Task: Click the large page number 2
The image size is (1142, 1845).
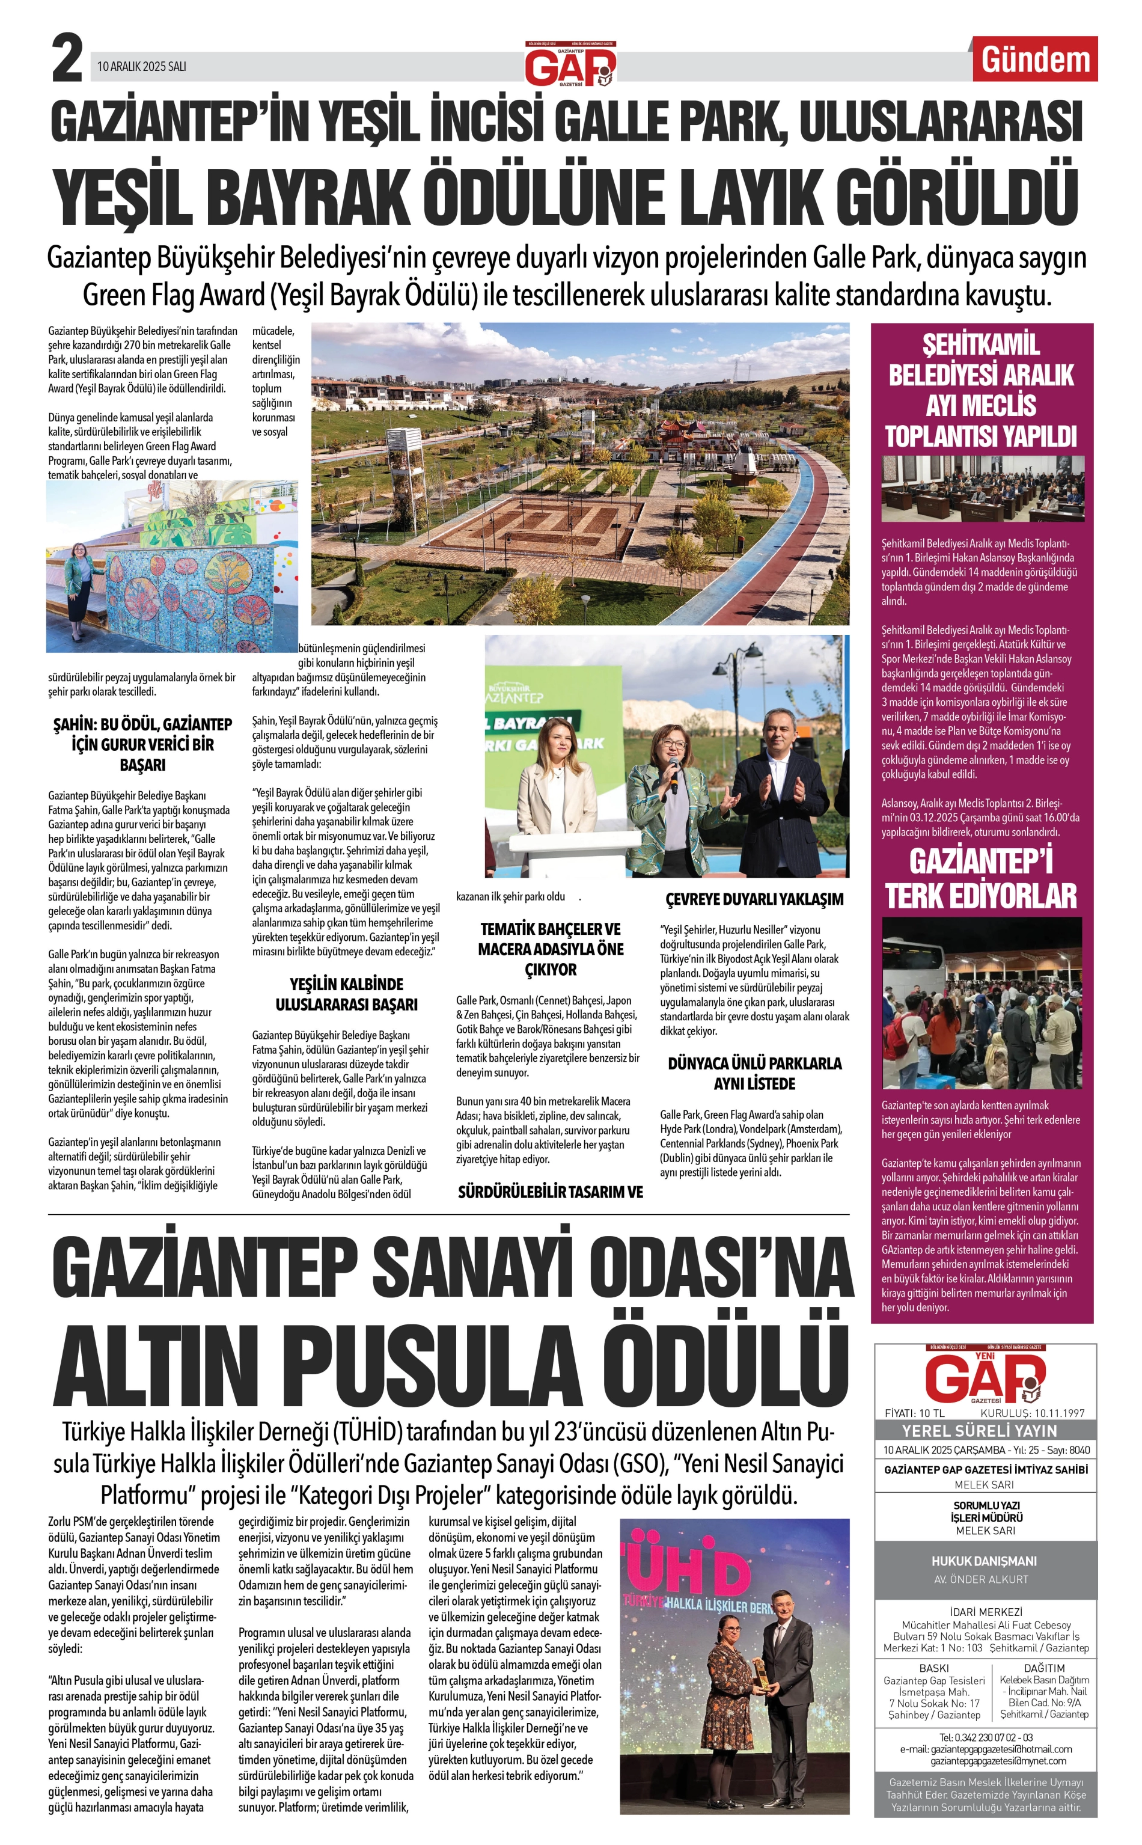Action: click(67, 60)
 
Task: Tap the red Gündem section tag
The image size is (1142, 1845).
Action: click(1035, 60)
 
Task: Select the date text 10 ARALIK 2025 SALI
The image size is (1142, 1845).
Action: click(141, 67)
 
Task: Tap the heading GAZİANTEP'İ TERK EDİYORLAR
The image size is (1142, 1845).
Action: click(981, 878)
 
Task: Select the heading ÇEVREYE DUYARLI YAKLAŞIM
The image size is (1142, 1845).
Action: click(754, 899)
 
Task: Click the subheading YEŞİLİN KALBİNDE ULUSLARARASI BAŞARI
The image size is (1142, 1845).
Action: click(347, 994)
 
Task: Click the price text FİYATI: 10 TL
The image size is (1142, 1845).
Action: click(914, 1413)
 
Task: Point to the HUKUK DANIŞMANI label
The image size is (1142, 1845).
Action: click(983, 1561)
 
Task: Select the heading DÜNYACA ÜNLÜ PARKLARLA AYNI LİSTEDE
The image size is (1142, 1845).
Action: click(754, 1073)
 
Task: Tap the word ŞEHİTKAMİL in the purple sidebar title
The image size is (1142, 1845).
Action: click(980, 344)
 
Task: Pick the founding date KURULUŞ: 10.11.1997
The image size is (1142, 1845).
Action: click(1033, 1413)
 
